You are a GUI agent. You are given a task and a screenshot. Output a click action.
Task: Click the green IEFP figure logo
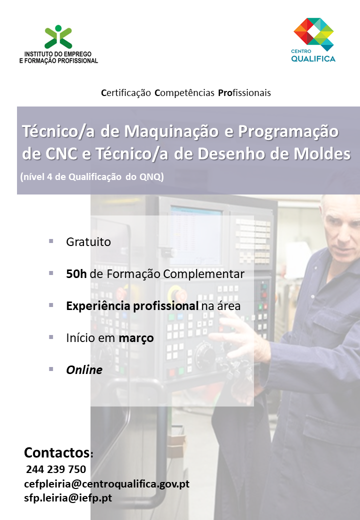point(58,37)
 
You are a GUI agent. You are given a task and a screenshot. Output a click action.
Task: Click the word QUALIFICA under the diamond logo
point(313,59)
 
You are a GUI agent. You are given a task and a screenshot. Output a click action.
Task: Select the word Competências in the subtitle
point(184,93)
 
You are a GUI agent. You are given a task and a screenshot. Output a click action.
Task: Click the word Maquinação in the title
point(171,131)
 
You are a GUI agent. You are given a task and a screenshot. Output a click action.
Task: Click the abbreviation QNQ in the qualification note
point(151,177)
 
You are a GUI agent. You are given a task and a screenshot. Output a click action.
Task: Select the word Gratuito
point(88,242)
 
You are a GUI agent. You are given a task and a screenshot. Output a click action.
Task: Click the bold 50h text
point(76,274)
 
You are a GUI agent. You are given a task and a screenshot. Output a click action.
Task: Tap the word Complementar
point(204,274)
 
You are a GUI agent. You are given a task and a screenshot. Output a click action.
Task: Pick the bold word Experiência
point(98,306)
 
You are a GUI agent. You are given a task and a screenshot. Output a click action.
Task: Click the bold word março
point(136,338)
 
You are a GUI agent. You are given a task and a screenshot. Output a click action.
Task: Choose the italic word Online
point(84,370)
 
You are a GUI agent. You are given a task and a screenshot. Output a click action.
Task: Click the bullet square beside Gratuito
point(51,241)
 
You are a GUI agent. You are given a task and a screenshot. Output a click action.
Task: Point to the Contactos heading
point(57,452)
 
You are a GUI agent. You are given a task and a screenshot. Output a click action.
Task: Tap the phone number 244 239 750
point(56,469)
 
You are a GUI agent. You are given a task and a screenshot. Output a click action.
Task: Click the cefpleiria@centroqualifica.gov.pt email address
point(106,484)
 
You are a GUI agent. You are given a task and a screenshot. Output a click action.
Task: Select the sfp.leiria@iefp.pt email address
point(68,498)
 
